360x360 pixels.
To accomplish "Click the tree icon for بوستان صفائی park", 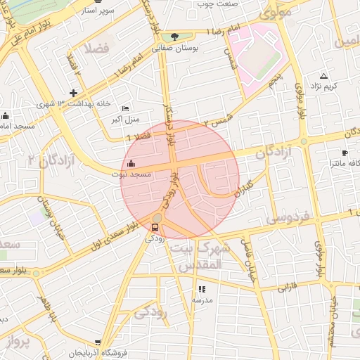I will click(174, 37).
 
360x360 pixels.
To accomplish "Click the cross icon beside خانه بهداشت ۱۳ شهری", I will click(73, 93).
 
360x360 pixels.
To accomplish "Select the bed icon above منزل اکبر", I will click(125, 108).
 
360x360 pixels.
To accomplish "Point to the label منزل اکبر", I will click(124, 120).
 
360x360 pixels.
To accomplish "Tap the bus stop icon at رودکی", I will click(155, 226).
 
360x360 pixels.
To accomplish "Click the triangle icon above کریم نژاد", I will click(323, 75).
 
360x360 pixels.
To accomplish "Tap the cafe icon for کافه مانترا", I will click(345, 153).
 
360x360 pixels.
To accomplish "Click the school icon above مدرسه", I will click(202, 288).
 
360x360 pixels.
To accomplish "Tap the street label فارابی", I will click(287, 287).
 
